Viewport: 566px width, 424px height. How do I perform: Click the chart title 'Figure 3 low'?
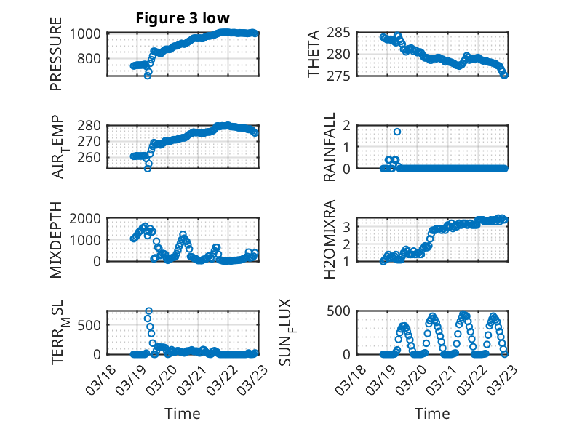point(183,18)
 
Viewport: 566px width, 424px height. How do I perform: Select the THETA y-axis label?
point(314,55)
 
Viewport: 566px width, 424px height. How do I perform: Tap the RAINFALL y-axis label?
point(330,147)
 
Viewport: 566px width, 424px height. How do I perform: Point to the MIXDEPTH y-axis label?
point(56,239)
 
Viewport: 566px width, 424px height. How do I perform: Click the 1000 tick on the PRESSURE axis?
point(89,33)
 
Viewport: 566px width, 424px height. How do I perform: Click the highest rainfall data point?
point(397,132)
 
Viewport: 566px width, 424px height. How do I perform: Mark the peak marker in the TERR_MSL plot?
point(148,311)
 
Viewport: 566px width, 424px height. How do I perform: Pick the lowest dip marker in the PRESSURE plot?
point(148,75)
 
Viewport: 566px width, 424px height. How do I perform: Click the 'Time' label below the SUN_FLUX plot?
point(432,413)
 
